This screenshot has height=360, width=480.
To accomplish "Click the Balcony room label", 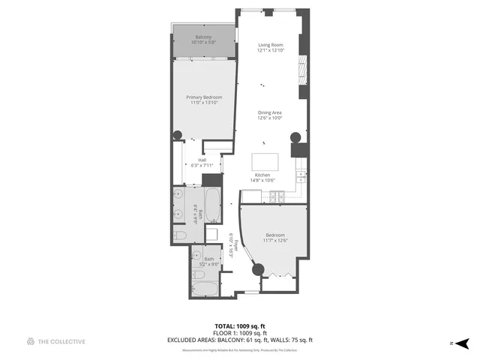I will click(x=203, y=37).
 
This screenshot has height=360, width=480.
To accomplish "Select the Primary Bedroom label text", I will click(x=205, y=97).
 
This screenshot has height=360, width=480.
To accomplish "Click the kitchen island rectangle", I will click(x=265, y=162).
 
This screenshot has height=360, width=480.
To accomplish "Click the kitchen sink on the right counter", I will click(x=301, y=178).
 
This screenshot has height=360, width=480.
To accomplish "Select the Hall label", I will click(x=202, y=160).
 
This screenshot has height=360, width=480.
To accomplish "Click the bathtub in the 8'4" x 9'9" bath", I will click(x=211, y=205).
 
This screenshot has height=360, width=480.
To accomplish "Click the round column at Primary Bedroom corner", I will click(x=178, y=136).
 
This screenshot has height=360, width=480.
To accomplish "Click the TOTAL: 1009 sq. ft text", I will click(x=240, y=326).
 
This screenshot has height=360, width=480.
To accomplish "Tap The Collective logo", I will click(x=31, y=342).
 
